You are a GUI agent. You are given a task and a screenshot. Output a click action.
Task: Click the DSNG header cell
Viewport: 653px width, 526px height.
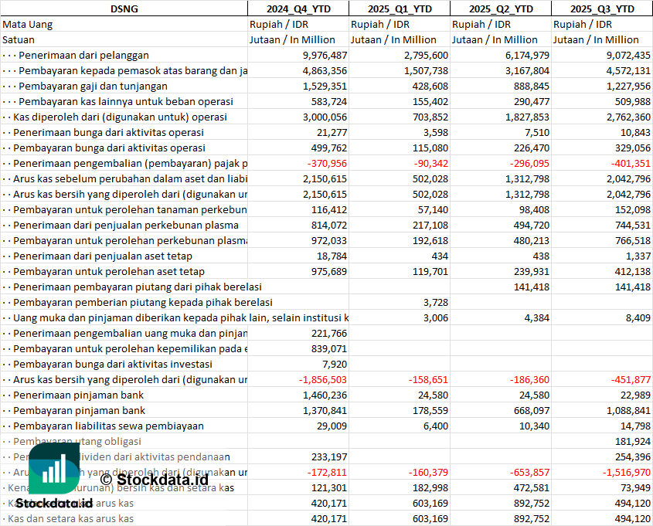124,8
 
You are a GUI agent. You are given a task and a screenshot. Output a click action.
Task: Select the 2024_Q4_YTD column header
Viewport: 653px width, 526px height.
298,8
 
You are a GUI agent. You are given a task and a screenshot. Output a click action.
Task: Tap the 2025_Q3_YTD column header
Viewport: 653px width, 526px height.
602,8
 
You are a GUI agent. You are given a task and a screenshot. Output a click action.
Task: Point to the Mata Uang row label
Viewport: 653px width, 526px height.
28,24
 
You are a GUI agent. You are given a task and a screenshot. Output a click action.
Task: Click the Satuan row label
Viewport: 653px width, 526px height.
19,39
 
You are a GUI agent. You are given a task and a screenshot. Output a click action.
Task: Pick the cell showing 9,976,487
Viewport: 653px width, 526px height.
325,55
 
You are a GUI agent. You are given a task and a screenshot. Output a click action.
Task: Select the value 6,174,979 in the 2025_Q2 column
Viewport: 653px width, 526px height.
527,55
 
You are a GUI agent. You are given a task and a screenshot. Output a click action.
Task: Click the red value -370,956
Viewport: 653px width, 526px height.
327,163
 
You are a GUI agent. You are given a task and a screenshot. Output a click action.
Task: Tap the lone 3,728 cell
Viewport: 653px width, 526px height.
436,302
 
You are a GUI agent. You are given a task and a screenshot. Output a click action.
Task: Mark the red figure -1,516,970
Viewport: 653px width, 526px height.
624,472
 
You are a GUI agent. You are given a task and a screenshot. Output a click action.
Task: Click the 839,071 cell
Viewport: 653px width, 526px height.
328,348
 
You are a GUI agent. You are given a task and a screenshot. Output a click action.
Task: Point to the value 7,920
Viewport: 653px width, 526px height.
335,364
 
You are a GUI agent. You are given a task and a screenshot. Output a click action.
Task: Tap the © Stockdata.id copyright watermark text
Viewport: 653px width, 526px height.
154,480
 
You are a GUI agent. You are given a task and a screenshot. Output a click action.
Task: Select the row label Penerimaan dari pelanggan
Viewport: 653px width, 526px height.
83,55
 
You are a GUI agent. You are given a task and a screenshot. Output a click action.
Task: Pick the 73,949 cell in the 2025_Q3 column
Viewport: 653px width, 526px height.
633,487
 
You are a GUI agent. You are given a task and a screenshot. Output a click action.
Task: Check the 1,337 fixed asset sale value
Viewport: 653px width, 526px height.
638,256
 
